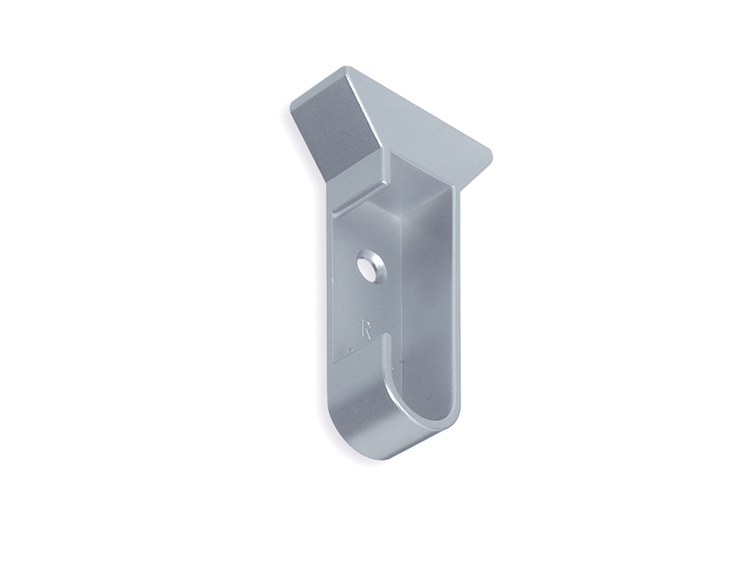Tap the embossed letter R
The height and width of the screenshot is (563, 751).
coord(367,331)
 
